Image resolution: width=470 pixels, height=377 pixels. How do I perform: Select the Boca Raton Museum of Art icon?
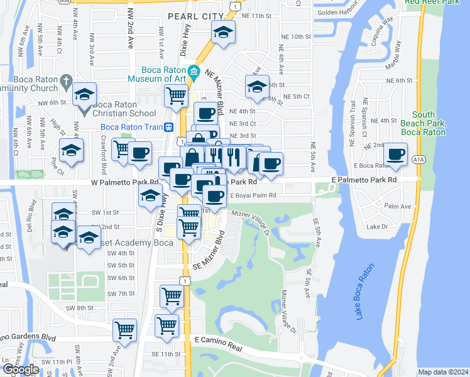194,71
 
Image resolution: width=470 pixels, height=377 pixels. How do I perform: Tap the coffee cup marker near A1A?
395,153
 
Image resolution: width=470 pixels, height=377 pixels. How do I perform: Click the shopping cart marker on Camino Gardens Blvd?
125,329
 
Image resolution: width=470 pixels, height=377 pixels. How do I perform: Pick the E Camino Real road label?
218,339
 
